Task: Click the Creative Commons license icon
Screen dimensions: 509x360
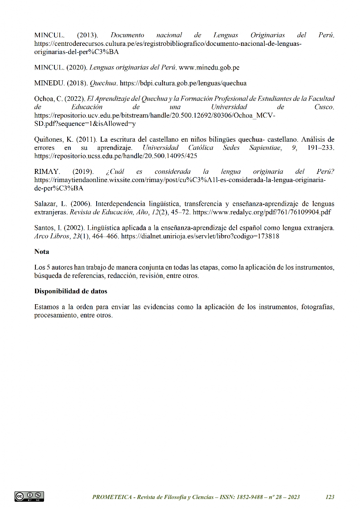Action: click(x=29, y=497)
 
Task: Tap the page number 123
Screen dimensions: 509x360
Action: click(x=330, y=497)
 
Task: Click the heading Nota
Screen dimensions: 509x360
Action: click(x=42, y=252)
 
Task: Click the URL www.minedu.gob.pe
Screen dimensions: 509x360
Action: click(x=209, y=68)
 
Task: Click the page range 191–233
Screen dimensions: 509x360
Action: click(x=321, y=148)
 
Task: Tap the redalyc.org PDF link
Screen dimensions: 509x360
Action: click(x=262, y=212)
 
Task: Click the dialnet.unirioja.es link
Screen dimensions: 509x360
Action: click(x=200, y=236)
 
